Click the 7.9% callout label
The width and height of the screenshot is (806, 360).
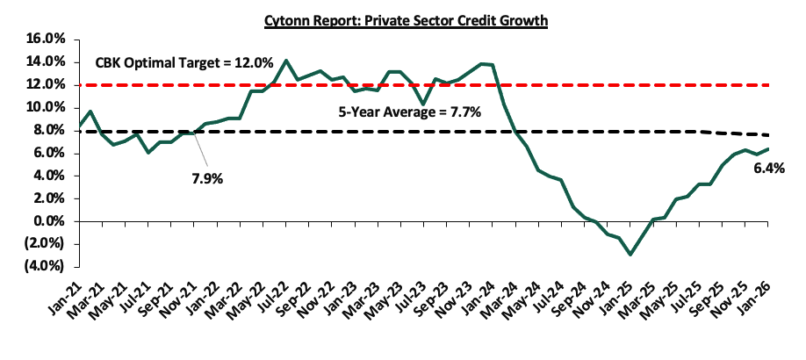[x=207, y=178]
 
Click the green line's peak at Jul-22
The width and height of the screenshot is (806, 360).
[x=286, y=61]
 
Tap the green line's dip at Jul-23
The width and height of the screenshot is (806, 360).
[x=424, y=104]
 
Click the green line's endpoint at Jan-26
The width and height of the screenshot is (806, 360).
[x=768, y=148]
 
